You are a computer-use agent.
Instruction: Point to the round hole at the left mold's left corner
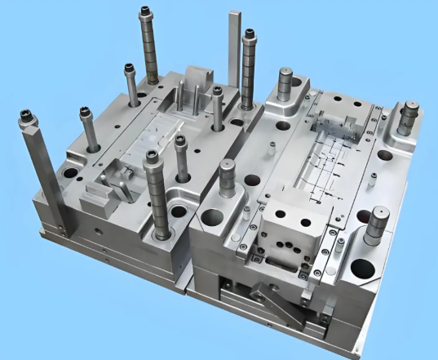click(x=67, y=175)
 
